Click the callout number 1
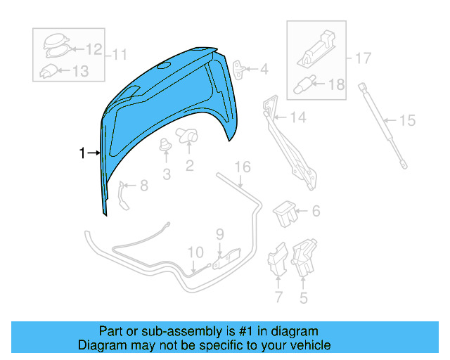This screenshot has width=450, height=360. [82, 153]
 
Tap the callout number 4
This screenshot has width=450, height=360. [264, 70]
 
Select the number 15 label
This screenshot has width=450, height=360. [407, 120]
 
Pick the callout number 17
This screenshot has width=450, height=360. [362, 58]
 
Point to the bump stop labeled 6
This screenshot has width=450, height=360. [285, 212]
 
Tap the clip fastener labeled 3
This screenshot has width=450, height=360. [167, 146]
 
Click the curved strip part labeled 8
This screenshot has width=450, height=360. [124, 194]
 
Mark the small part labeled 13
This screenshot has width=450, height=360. [49, 70]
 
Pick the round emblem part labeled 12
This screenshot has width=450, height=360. [51, 46]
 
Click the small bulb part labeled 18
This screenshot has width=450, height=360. [303, 83]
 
